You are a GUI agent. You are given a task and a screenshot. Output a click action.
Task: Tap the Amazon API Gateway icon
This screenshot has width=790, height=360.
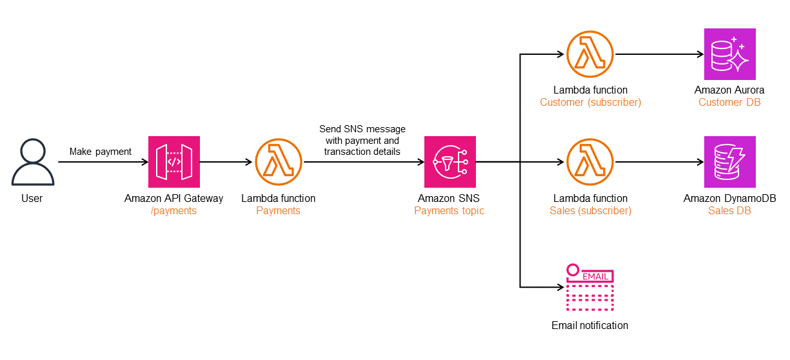pyautogui.click(x=174, y=162)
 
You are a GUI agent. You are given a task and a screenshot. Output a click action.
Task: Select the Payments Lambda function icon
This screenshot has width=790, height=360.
pyautogui.click(x=279, y=162)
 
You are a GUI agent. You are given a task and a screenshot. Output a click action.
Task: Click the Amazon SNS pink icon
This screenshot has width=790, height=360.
pyautogui.click(x=449, y=162)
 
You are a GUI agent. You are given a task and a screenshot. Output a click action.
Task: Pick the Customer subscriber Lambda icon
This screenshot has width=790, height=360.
pyautogui.click(x=590, y=54)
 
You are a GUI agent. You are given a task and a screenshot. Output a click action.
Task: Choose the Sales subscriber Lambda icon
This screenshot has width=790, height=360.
pyautogui.click(x=590, y=162)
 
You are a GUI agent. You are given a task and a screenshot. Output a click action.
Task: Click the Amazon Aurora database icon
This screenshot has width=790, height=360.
pyautogui.click(x=729, y=54)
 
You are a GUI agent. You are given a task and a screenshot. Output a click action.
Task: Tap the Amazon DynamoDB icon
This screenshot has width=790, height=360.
pyautogui.click(x=729, y=162)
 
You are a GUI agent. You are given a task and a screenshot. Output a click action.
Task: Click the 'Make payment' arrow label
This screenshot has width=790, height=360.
pyautogui.click(x=100, y=152)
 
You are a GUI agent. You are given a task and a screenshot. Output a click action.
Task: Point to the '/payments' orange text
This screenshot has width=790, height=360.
pyautogui.click(x=173, y=210)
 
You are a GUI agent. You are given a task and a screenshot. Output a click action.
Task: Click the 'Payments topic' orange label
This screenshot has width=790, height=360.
pyautogui.click(x=449, y=210)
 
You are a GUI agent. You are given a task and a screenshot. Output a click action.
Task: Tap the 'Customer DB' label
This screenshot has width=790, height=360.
pyautogui.click(x=729, y=103)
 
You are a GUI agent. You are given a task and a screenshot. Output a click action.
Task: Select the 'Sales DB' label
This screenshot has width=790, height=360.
pyautogui.click(x=729, y=210)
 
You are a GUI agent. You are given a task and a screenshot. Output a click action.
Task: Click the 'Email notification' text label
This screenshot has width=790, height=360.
pyautogui.click(x=589, y=325)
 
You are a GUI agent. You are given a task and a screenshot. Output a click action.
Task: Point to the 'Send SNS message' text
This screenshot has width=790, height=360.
pyautogui.click(x=362, y=130)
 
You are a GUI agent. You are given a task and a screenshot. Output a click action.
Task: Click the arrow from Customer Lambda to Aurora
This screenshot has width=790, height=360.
pyautogui.click(x=658, y=54)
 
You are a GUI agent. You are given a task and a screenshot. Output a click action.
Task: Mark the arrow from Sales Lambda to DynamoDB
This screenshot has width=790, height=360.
pyautogui.click(x=658, y=162)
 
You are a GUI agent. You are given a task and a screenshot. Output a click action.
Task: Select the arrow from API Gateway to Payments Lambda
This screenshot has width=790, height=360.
pyautogui.click(x=226, y=162)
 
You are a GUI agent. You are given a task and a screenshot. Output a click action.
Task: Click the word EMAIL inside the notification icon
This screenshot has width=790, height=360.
pyautogui.click(x=595, y=276)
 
